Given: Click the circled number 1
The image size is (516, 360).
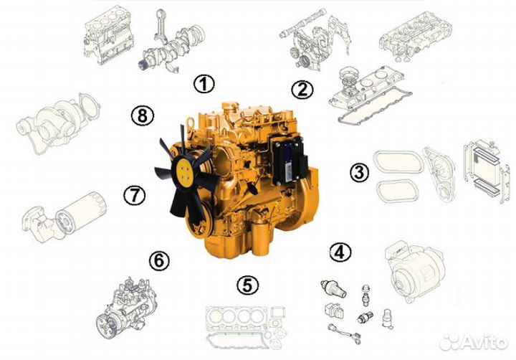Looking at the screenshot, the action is click(x=204, y=84).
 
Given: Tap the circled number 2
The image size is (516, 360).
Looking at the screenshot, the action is click(x=302, y=90).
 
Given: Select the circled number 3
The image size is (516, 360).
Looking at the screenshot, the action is click(x=359, y=172).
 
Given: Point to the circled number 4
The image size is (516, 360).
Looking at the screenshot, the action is click(x=340, y=252).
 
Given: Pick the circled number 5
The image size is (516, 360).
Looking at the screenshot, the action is click(x=248, y=285).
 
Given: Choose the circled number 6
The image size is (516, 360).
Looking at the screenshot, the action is click(x=159, y=261).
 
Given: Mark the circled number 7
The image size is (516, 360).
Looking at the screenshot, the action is click(x=134, y=195).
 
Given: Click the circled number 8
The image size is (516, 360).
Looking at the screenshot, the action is click(x=143, y=115).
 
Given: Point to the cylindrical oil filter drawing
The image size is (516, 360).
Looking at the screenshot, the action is click(x=80, y=212).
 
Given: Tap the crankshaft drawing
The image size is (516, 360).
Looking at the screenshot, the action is click(x=171, y=49).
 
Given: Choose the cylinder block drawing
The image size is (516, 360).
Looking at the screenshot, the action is click(x=109, y=37).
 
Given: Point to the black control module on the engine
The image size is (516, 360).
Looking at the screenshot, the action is click(x=289, y=161).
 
